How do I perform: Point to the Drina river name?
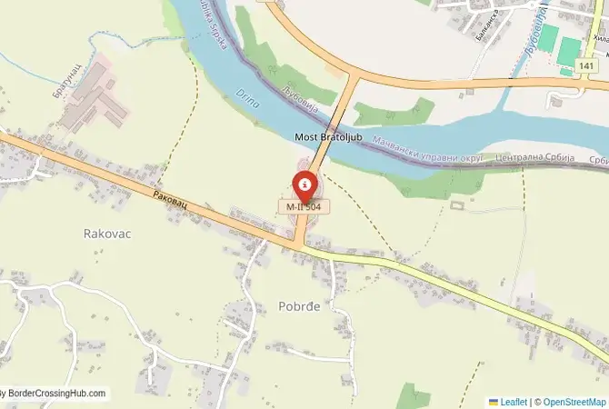point(248,98)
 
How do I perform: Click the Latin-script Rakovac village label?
point(107,234)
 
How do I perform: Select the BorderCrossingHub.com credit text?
point(55,394)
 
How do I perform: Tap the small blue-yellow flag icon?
point(494,401)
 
